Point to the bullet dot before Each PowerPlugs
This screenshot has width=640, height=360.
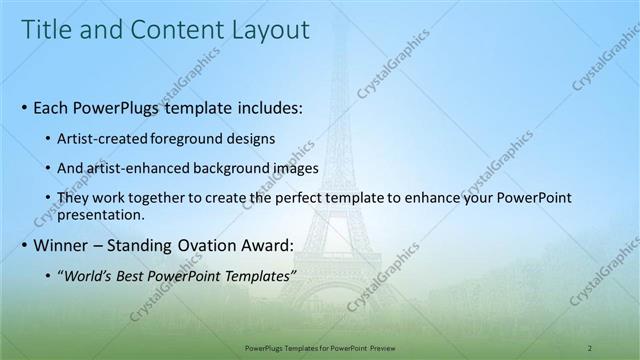[24, 106]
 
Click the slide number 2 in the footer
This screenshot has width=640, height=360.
[590, 348]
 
